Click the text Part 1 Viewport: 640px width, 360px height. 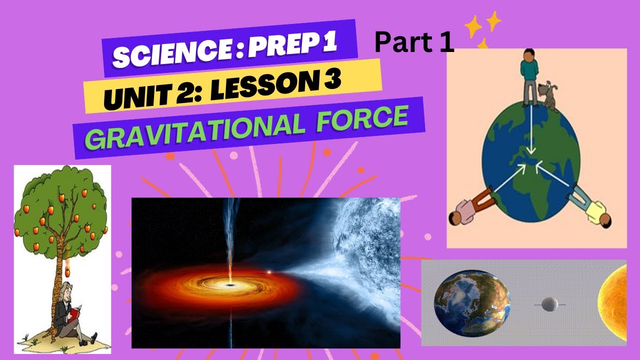click(x=414, y=43)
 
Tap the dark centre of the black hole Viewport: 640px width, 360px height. click(x=230, y=284)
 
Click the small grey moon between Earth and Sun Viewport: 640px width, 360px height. click(x=549, y=304)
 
